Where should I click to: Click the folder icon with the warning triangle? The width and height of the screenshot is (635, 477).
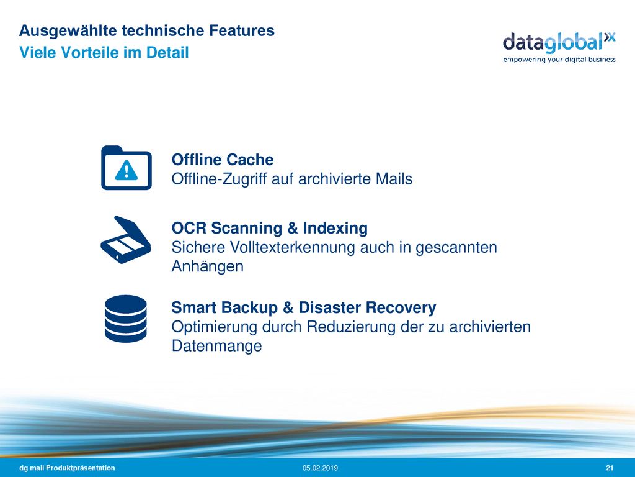(127, 168)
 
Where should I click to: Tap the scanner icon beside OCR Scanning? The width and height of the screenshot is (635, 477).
(125, 240)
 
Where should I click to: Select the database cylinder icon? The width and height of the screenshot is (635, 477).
(125, 319)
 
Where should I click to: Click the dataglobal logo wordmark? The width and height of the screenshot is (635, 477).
(559, 43)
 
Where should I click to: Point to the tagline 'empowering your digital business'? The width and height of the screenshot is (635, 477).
(559, 60)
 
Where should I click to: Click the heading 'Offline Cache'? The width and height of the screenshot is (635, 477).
(223, 160)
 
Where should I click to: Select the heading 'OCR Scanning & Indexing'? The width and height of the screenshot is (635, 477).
(269, 228)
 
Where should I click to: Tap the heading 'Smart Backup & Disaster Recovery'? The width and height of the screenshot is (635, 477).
(304, 307)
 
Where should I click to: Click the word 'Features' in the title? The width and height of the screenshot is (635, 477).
(242, 30)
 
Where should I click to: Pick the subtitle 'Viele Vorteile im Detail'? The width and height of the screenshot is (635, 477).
(104, 52)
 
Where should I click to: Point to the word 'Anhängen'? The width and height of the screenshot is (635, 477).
(207, 266)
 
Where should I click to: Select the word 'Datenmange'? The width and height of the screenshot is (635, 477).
(216, 346)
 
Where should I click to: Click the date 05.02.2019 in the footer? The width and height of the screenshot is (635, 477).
(320, 468)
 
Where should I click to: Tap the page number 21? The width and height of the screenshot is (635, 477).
(610, 468)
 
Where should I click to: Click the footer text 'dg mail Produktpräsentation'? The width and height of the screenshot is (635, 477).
(67, 468)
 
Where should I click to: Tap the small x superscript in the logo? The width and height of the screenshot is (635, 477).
(610, 37)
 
